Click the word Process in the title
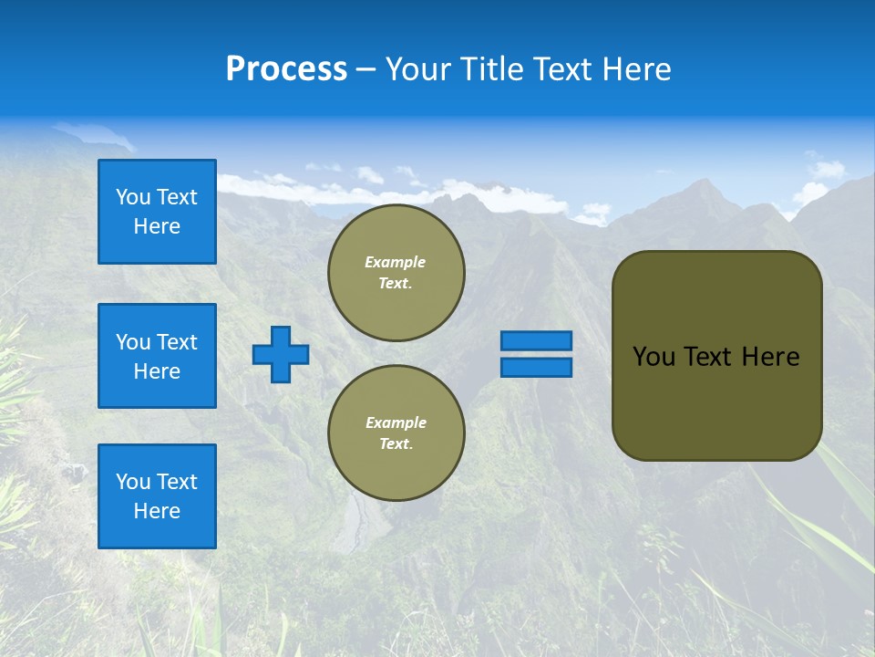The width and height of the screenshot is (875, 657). [x=286, y=69]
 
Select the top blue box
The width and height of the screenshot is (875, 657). [x=157, y=212]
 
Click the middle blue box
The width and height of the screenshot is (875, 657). [x=157, y=356]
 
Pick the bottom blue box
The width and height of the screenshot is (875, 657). [x=157, y=496]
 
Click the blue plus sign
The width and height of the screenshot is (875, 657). [x=281, y=354]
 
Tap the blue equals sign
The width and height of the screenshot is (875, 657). [x=536, y=354]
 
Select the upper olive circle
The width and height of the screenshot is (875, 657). [x=396, y=273]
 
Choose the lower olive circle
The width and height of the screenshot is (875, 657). [x=396, y=433]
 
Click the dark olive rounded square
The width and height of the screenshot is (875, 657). [x=716, y=356]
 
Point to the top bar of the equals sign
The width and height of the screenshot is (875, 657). [x=536, y=341]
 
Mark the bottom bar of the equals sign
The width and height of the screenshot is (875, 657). [x=536, y=368]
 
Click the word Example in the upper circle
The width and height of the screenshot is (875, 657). [x=396, y=262]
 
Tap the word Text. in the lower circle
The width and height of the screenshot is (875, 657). [x=396, y=444]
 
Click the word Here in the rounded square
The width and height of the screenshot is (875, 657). [x=770, y=357]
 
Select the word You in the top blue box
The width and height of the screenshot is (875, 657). [x=133, y=197]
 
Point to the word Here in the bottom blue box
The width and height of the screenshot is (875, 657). [x=157, y=511]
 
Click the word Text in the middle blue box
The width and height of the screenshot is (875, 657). [x=177, y=342]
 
